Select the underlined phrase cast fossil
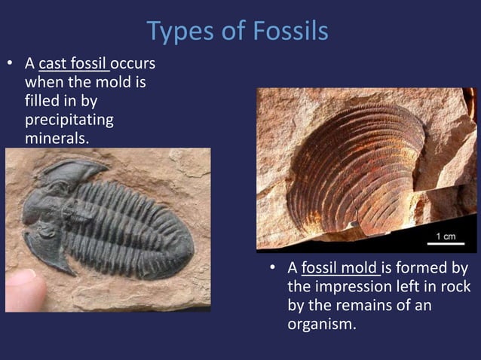[73, 63]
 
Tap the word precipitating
[69, 120]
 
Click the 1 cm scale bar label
[445, 236]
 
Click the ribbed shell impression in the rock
[354, 166]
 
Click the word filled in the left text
[40, 101]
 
